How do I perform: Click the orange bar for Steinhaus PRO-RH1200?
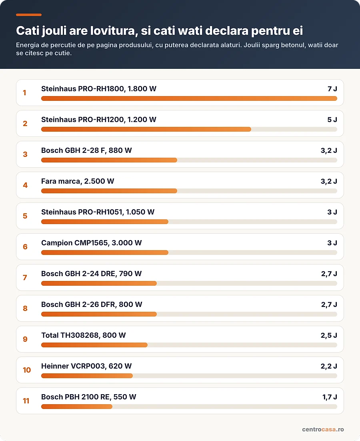click(x=146, y=129)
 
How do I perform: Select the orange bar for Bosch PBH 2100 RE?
click(x=77, y=407)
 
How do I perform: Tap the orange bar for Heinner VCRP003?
click(x=87, y=376)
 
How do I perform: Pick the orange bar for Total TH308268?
click(x=94, y=345)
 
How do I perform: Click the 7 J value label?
click(x=332, y=89)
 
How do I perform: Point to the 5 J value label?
click(x=332, y=120)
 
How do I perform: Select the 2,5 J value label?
click(x=329, y=335)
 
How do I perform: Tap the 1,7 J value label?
click(x=330, y=397)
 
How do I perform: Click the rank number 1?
click(x=24, y=93)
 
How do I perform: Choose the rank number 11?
click(x=26, y=401)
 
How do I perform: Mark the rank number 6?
click(x=25, y=247)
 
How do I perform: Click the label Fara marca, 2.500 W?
click(x=78, y=181)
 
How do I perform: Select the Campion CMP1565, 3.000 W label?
click(x=91, y=243)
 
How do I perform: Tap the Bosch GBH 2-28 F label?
click(x=73, y=150)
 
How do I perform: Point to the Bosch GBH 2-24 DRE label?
click(x=78, y=274)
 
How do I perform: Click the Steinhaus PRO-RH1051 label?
click(x=82, y=212)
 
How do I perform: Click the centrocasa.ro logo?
click(x=323, y=429)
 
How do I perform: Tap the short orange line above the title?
click(x=29, y=15)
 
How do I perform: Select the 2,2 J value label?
click(x=329, y=366)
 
